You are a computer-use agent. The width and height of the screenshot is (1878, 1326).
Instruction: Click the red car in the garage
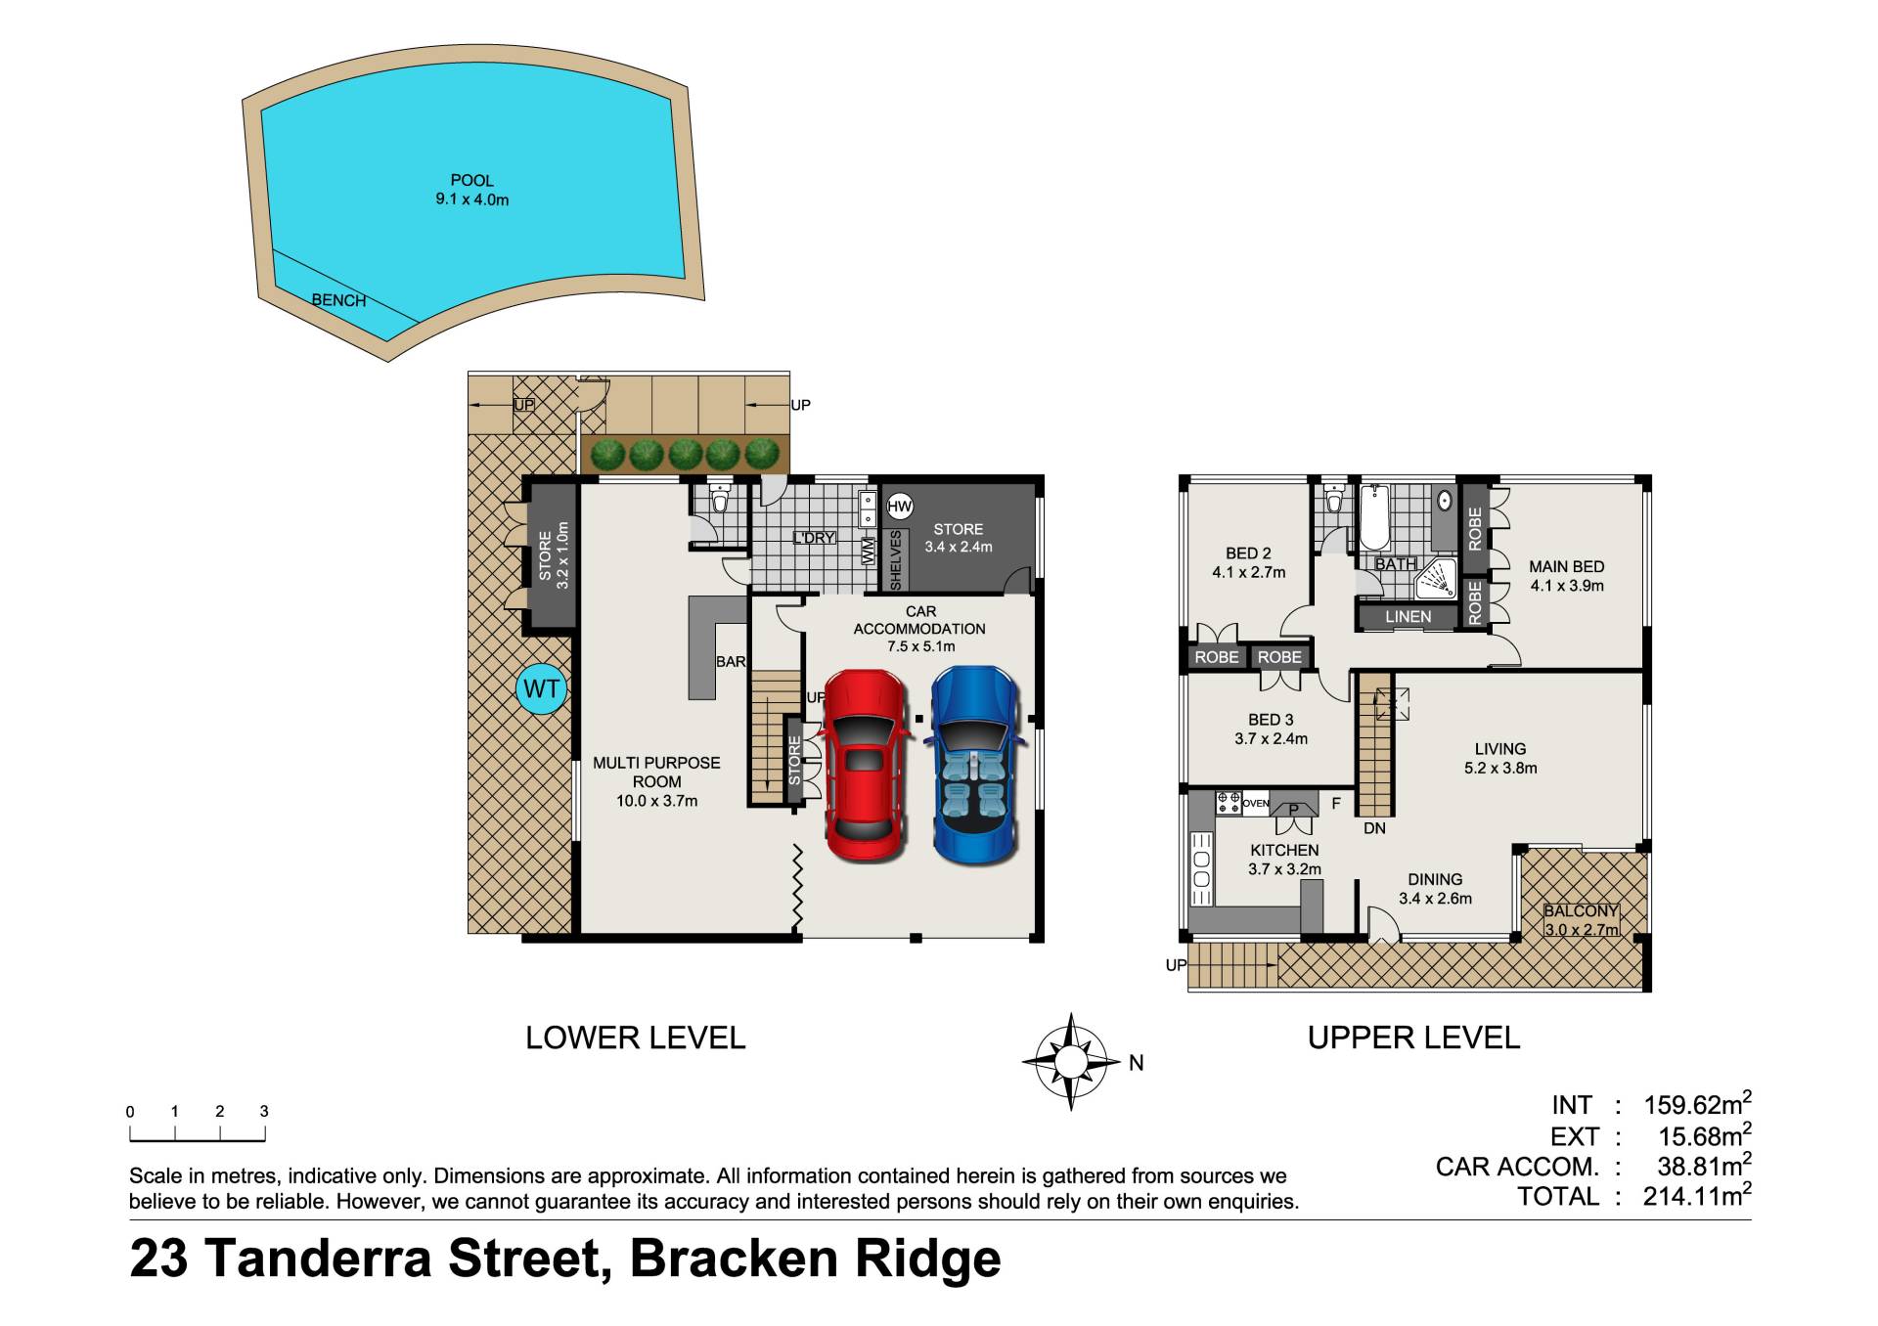pyautogui.click(x=865, y=766)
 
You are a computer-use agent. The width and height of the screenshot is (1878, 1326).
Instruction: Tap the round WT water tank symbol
pyautogui.click(x=541, y=689)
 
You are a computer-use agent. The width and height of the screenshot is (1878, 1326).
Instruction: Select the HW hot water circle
pyautogui.click(x=899, y=507)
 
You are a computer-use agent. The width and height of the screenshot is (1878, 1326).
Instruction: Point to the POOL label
pyautogui.click(x=472, y=181)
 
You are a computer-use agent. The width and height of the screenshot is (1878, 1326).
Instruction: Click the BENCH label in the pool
pyautogui.click(x=338, y=300)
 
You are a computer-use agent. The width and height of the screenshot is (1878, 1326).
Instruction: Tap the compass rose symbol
pyautogui.click(x=1071, y=1061)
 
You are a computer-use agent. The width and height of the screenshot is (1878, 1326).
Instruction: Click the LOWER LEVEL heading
pyautogui.click(x=636, y=1038)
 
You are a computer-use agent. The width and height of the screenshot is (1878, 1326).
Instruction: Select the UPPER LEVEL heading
pyautogui.click(x=1413, y=1038)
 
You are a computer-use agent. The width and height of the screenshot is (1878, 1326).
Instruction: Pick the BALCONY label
pyautogui.click(x=1581, y=910)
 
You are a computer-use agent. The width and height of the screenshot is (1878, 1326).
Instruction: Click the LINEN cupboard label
pyautogui.click(x=1408, y=617)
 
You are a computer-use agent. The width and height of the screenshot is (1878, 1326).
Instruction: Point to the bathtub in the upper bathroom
pyautogui.click(x=1374, y=518)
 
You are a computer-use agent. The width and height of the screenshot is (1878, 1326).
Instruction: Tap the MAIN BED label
pyautogui.click(x=1567, y=567)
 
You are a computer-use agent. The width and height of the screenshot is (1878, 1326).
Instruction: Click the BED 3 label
pyautogui.click(x=1271, y=720)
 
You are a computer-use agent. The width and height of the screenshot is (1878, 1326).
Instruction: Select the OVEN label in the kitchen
pyautogui.click(x=1256, y=804)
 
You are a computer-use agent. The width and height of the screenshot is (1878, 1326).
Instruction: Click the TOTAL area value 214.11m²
pyautogui.click(x=1697, y=1195)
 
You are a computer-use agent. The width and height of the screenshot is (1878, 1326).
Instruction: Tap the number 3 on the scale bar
pyautogui.click(x=264, y=1111)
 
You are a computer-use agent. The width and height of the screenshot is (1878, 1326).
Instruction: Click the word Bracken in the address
pyautogui.click(x=734, y=1259)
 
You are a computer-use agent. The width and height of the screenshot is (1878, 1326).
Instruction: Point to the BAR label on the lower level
pyautogui.click(x=731, y=662)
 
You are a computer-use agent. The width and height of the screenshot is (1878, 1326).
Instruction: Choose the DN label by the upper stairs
pyautogui.click(x=1374, y=828)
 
